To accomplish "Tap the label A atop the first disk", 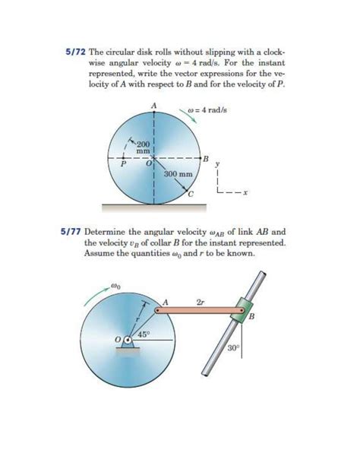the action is click(153, 104).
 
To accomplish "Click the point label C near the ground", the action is click(191, 195).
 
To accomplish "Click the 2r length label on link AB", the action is click(201, 302).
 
